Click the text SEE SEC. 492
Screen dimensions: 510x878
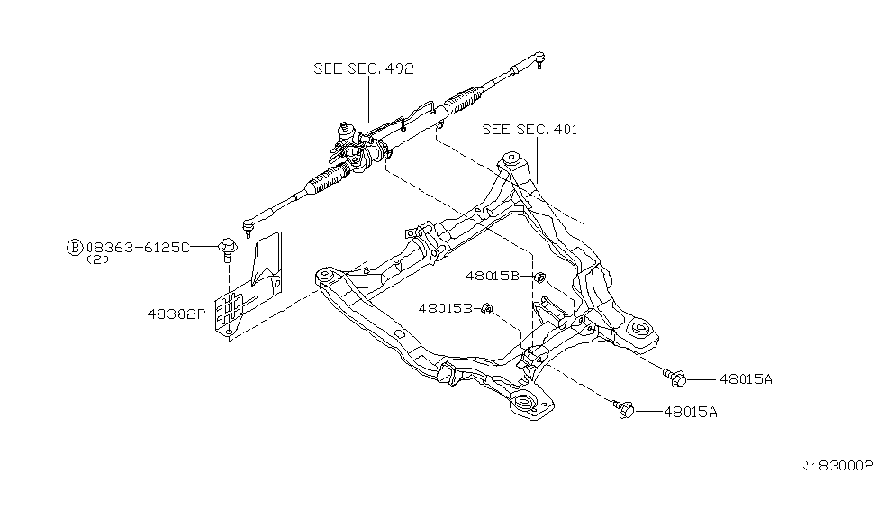(363, 68)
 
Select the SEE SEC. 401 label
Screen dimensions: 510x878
(529, 130)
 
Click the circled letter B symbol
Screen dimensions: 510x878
(75, 247)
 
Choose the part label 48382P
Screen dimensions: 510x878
(177, 314)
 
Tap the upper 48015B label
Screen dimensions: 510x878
(493, 276)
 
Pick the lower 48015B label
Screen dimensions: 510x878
(445, 308)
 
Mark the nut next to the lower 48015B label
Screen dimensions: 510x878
(486, 309)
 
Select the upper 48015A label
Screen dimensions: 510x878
(746, 379)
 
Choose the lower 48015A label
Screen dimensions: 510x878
(691, 412)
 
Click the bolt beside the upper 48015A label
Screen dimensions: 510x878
(676, 376)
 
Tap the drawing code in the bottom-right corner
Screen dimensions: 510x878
(838, 468)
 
